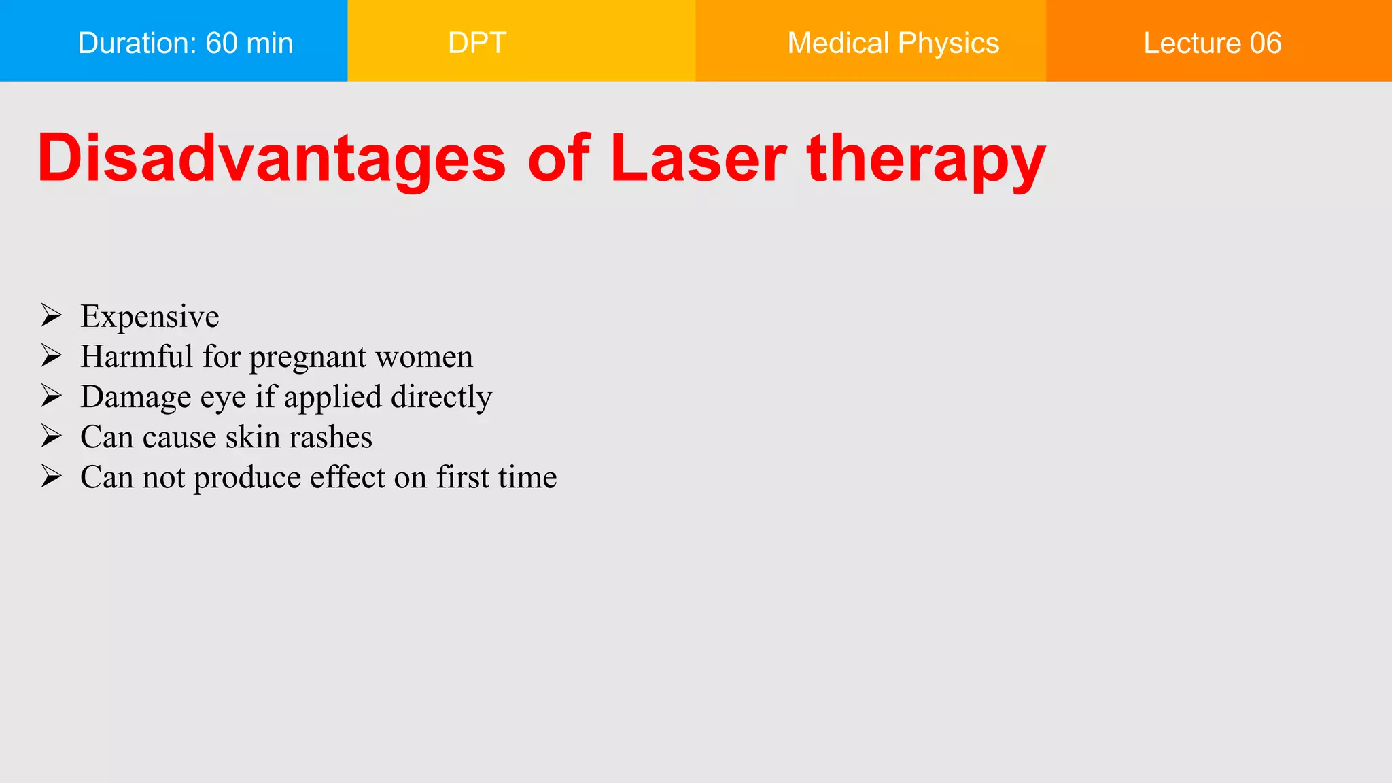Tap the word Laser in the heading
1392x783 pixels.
coord(698,158)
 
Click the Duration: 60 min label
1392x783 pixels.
coord(186,43)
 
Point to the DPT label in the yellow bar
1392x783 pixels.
coord(477,43)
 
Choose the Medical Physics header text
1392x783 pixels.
coord(893,43)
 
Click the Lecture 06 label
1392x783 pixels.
coord(1212,43)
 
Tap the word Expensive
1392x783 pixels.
coord(150,317)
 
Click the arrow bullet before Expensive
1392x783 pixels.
coord(51,315)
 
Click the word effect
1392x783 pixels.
coord(347,477)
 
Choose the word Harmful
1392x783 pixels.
coord(137,357)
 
